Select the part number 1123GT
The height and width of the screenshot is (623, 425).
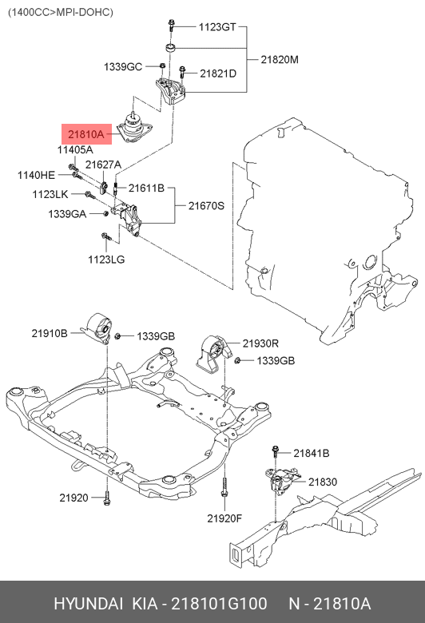point(217,27)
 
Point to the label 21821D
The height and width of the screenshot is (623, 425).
point(218,73)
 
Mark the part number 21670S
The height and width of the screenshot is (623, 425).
point(206,205)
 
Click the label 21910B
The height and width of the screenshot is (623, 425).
point(50,331)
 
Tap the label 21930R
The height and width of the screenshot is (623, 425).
point(260,343)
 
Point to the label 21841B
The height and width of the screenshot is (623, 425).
point(311,453)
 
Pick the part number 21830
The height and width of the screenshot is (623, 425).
point(323,482)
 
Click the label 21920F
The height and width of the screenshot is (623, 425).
point(224,518)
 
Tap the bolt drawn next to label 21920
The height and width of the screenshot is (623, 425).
point(107,498)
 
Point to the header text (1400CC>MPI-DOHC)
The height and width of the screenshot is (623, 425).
point(61,12)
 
